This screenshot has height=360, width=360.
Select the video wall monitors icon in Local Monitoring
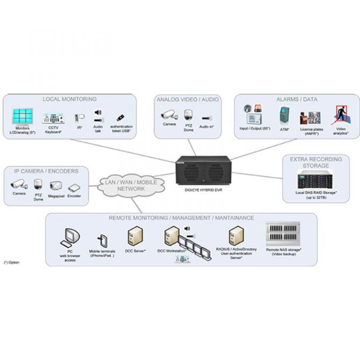point(23,116)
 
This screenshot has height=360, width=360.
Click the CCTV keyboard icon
point(53,118)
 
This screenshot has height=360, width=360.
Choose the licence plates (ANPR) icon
point(310,116)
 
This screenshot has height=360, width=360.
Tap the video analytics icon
point(342,115)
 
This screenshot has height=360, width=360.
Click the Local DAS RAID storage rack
point(316,179)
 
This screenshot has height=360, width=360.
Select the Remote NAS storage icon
point(283,234)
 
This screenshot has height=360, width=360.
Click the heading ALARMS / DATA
point(297,99)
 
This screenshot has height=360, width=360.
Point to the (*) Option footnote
point(12,262)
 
